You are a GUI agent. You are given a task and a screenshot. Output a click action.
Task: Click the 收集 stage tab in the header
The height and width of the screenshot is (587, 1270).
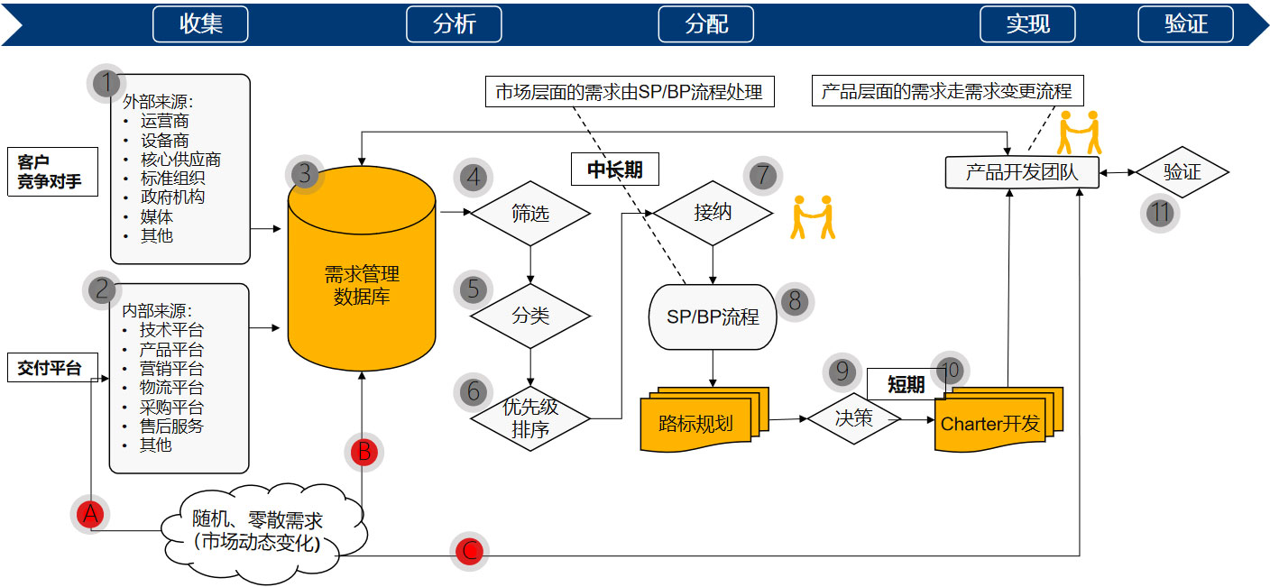tap(200, 24)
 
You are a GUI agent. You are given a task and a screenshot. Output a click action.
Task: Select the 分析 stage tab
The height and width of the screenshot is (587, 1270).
tap(454, 24)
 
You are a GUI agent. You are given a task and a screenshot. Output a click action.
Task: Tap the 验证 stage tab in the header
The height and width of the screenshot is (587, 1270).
tap(1185, 24)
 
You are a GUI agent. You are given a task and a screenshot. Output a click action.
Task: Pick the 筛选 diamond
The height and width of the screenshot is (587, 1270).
tap(529, 215)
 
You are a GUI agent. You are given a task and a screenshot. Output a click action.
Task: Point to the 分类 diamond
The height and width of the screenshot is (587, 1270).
tap(529, 316)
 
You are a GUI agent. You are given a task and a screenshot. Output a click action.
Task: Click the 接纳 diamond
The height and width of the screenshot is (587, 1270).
tap(713, 214)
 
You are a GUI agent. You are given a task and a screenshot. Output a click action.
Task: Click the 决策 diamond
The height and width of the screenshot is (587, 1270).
tap(853, 419)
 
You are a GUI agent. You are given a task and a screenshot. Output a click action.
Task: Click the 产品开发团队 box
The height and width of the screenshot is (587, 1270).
tap(1022, 171)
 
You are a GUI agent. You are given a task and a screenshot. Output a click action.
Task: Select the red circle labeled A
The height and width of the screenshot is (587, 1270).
tap(89, 515)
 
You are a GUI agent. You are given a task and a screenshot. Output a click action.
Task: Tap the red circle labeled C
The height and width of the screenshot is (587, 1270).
tap(469, 551)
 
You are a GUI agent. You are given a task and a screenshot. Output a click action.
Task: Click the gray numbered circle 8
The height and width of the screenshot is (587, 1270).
tap(795, 301)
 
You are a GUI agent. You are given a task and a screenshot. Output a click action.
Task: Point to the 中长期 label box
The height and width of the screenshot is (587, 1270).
tap(614, 170)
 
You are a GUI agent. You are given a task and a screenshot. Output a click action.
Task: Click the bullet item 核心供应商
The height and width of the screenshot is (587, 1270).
tap(180, 160)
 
